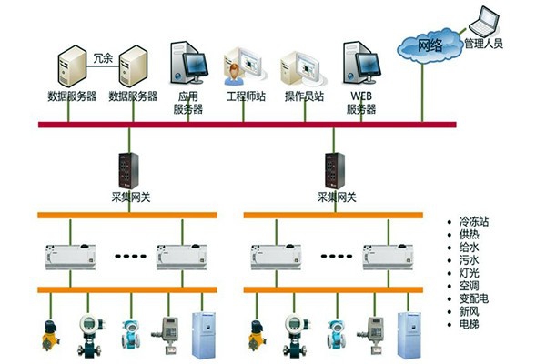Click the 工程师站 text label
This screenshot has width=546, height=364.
coord(245,96)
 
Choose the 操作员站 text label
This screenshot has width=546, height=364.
coord(303,96)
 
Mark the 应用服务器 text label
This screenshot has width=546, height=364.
coord(187,102)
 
